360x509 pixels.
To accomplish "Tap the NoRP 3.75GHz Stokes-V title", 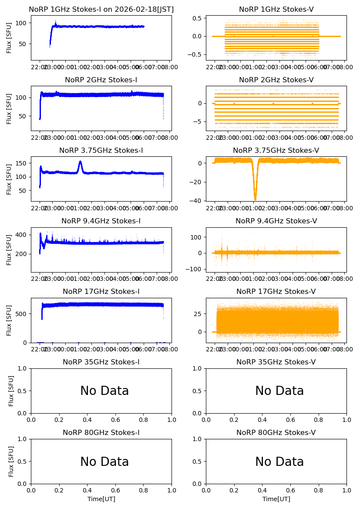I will point(276,151).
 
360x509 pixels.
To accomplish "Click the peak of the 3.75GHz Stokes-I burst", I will point(80,162).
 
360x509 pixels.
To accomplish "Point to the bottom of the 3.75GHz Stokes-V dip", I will point(255,199).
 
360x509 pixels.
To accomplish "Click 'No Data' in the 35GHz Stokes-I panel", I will point(104,391).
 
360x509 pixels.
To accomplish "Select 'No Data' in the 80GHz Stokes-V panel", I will point(279,462).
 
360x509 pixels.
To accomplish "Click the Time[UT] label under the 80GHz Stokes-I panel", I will point(101,499).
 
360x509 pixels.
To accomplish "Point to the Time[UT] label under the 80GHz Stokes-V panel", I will point(276,499).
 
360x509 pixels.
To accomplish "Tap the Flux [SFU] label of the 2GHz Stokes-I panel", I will point(9,108).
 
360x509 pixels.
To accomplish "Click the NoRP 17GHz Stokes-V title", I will point(276,292).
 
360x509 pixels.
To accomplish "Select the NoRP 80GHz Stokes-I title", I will point(101,433).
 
